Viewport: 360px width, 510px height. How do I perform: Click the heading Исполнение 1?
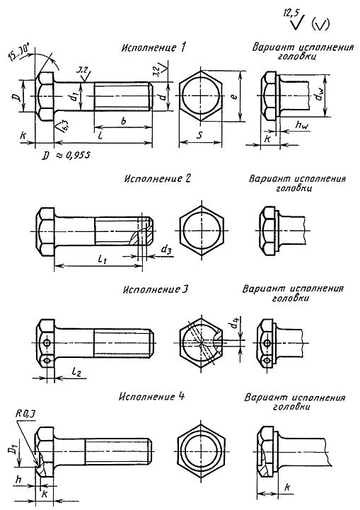coord(153,47)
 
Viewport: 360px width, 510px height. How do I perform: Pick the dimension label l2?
coord(76,371)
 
